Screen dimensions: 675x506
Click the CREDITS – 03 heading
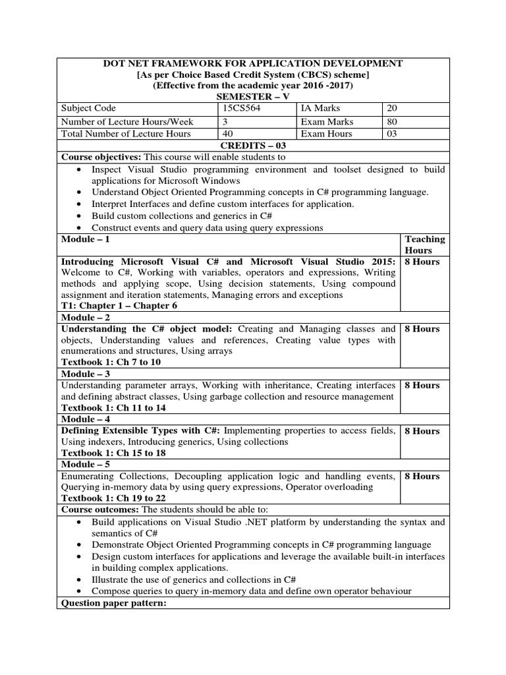[252, 146]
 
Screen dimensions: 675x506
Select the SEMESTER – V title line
[252, 96]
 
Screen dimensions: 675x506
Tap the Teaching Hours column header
[425, 245]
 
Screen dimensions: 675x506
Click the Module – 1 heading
[86, 239]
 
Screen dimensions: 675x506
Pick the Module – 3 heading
[86, 374]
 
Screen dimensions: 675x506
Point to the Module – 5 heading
[86, 465]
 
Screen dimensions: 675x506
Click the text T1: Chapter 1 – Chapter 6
[120, 306]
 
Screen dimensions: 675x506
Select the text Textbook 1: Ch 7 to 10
[111, 362]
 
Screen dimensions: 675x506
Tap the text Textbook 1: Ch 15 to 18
[113, 454]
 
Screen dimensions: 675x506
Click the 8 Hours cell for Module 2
[422, 329]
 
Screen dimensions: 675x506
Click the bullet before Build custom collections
[80, 216]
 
